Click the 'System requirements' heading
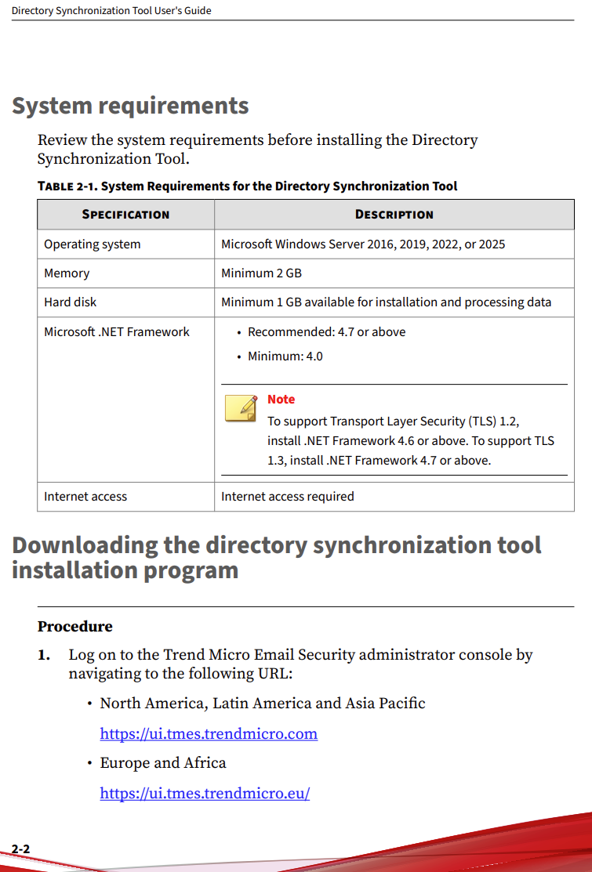click(130, 106)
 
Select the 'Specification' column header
click(125, 214)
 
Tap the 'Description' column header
click(394, 214)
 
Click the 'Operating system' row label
click(92, 244)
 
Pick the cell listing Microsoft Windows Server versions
click(363, 244)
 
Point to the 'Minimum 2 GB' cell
click(261, 273)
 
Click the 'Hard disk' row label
click(70, 302)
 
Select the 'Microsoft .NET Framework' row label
click(116, 332)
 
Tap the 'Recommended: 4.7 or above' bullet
click(326, 332)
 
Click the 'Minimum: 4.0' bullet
click(285, 356)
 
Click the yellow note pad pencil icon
click(241, 408)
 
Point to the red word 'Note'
click(281, 400)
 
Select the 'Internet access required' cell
click(287, 497)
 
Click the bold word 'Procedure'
click(74, 627)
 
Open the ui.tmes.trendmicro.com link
click(209, 734)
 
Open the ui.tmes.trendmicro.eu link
click(205, 794)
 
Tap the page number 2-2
click(20, 849)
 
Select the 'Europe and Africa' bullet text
click(162, 763)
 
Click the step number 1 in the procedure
click(44, 655)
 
